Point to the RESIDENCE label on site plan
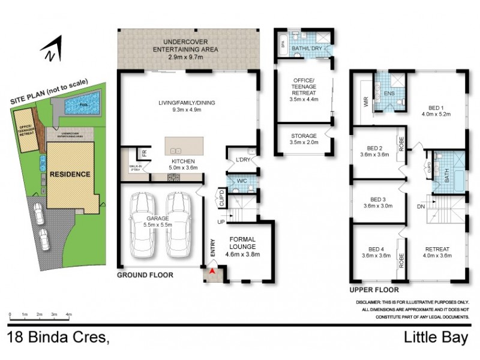[x=70, y=175]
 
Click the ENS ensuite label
[x=389, y=94]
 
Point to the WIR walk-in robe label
[x=365, y=103]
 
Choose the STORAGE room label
[x=304, y=136]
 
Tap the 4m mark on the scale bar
[x=68, y=314]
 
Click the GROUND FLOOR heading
[x=145, y=275]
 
